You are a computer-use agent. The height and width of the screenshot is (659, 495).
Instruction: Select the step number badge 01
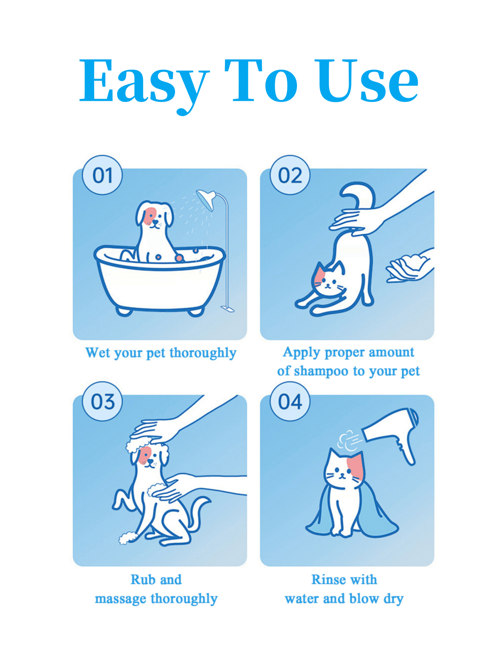pyautogui.click(x=102, y=175)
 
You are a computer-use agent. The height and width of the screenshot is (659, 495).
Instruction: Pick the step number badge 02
pyautogui.click(x=290, y=175)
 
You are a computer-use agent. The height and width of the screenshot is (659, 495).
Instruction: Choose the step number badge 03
pyautogui.click(x=102, y=401)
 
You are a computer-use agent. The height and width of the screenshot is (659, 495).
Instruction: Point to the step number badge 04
pyautogui.click(x=290, y=401)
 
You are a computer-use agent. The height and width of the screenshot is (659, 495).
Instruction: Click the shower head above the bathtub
pyautogui.click(x=206, y=199)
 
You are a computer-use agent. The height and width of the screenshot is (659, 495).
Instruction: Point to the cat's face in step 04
pyautogui.click(x=344, y=469)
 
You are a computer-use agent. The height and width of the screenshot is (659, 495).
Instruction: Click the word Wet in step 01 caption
pyautogui.click(x=98, y=353)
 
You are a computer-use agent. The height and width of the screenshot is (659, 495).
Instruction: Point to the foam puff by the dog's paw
pyautogui.click(x=128, y=538)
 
